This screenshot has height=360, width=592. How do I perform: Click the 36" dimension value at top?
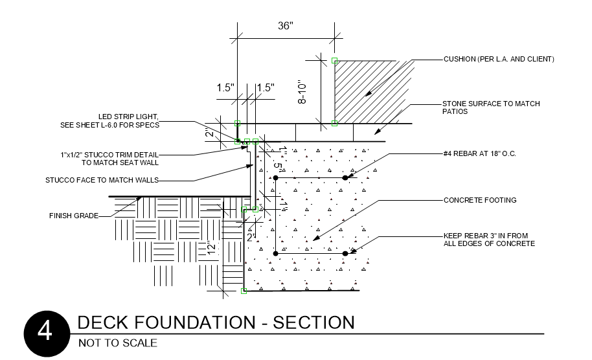(x=286, y=26)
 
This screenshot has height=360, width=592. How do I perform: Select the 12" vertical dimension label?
(x=211, y=249)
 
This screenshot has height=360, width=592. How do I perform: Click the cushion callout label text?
(x=499, y=59)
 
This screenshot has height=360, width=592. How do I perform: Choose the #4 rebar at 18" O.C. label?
(x=480, y=154)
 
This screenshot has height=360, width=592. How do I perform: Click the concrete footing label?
(x=480, y=200)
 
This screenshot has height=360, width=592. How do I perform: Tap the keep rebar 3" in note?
(x=489, y=240)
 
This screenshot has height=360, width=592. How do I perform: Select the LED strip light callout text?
(x=128, y=120)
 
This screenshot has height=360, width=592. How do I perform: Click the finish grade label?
(x=74, y=216)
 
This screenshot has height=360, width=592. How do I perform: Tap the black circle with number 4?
(x=46, y=334)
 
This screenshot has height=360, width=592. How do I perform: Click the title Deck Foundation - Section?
(x=216, y=322)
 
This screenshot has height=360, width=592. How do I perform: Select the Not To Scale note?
(x=117, y=343)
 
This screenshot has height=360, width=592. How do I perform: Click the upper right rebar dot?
(x=345, y=177)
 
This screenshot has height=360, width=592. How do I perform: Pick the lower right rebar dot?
(x=345, y=253)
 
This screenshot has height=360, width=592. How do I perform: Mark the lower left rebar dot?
(x=276, y=253)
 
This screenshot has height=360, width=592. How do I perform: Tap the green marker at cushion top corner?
(x=334, y=61)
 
